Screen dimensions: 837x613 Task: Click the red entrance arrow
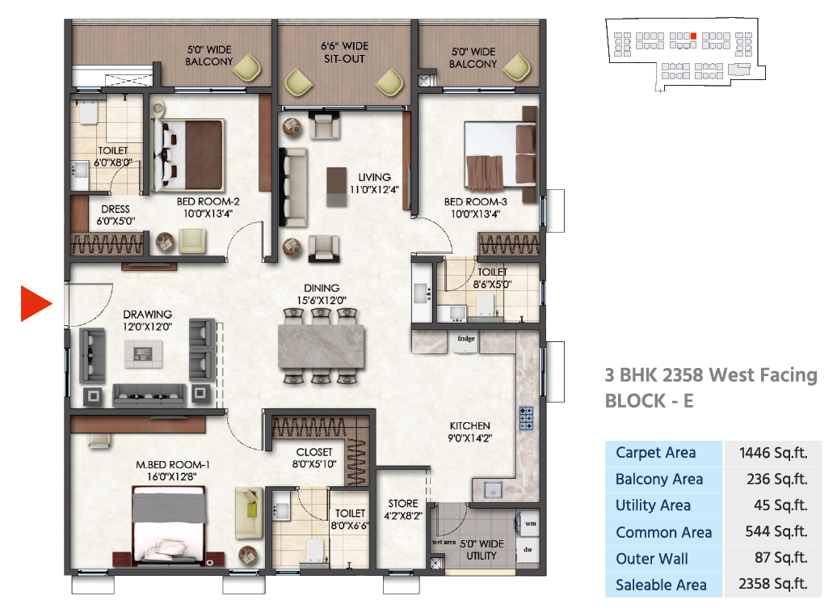coord(35,303)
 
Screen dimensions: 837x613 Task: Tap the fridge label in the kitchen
coord(466,338)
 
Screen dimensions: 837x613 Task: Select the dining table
coord(322,346)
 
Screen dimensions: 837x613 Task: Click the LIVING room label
coord(374,177)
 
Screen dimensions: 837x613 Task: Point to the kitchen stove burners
coord(526,418)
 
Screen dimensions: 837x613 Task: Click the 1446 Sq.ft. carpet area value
coord(772,453)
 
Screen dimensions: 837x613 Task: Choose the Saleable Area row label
coord(661,585)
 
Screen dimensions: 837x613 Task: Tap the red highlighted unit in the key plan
coord(693,36)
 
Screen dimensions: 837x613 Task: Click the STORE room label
coord(403,504)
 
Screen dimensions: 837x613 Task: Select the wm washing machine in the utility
coord(529,524)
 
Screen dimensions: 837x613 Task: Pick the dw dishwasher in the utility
coord(528,549)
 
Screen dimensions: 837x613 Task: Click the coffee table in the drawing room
coord(143,353)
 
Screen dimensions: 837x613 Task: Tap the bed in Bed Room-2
coord(188,155)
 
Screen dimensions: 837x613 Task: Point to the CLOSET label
coord(314,452)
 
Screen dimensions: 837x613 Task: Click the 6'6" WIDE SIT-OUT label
coord(344,53)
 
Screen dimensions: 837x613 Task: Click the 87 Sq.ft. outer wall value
coord(780,558)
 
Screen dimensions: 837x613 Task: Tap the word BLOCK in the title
coord(635,401)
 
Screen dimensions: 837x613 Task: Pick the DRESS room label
coord(116,209)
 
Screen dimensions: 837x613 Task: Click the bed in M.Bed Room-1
coord(169,526)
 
